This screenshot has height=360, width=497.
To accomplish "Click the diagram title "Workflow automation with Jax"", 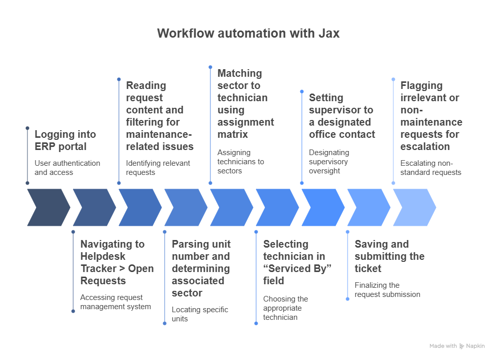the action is coord(248,33).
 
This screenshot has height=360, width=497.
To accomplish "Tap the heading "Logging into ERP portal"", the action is coord(65,140).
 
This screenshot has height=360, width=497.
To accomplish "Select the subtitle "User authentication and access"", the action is coord(67,168).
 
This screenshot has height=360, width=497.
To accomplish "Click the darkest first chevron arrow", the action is coord(48,207).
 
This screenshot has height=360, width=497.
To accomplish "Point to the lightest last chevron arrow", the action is coord(415,207).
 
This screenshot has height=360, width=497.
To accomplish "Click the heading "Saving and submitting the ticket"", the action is coord(390,256).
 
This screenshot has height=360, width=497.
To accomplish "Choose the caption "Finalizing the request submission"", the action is coord(387,290).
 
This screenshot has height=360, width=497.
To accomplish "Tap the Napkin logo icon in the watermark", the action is coord(462,346).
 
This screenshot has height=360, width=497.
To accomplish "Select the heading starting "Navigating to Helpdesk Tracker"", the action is coord(117,262).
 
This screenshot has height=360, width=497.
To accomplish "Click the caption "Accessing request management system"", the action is coord(115,302).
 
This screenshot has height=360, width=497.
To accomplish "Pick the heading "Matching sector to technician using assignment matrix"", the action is coord(245,104).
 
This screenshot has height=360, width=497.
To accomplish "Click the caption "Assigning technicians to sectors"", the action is coord(240,162).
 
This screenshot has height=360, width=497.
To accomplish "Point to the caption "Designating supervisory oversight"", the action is coord(329,162).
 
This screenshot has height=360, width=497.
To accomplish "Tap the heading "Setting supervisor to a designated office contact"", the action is coord(342,116).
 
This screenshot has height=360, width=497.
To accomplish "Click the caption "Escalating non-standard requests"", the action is coord(431,168).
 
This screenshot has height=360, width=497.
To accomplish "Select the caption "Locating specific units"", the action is coord(200,314).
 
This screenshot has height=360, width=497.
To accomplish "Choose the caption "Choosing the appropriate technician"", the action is coord(286,308).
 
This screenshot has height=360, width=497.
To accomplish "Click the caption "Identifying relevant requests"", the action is coord(158,168).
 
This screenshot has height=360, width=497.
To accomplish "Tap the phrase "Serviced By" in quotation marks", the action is coord(297,268).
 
